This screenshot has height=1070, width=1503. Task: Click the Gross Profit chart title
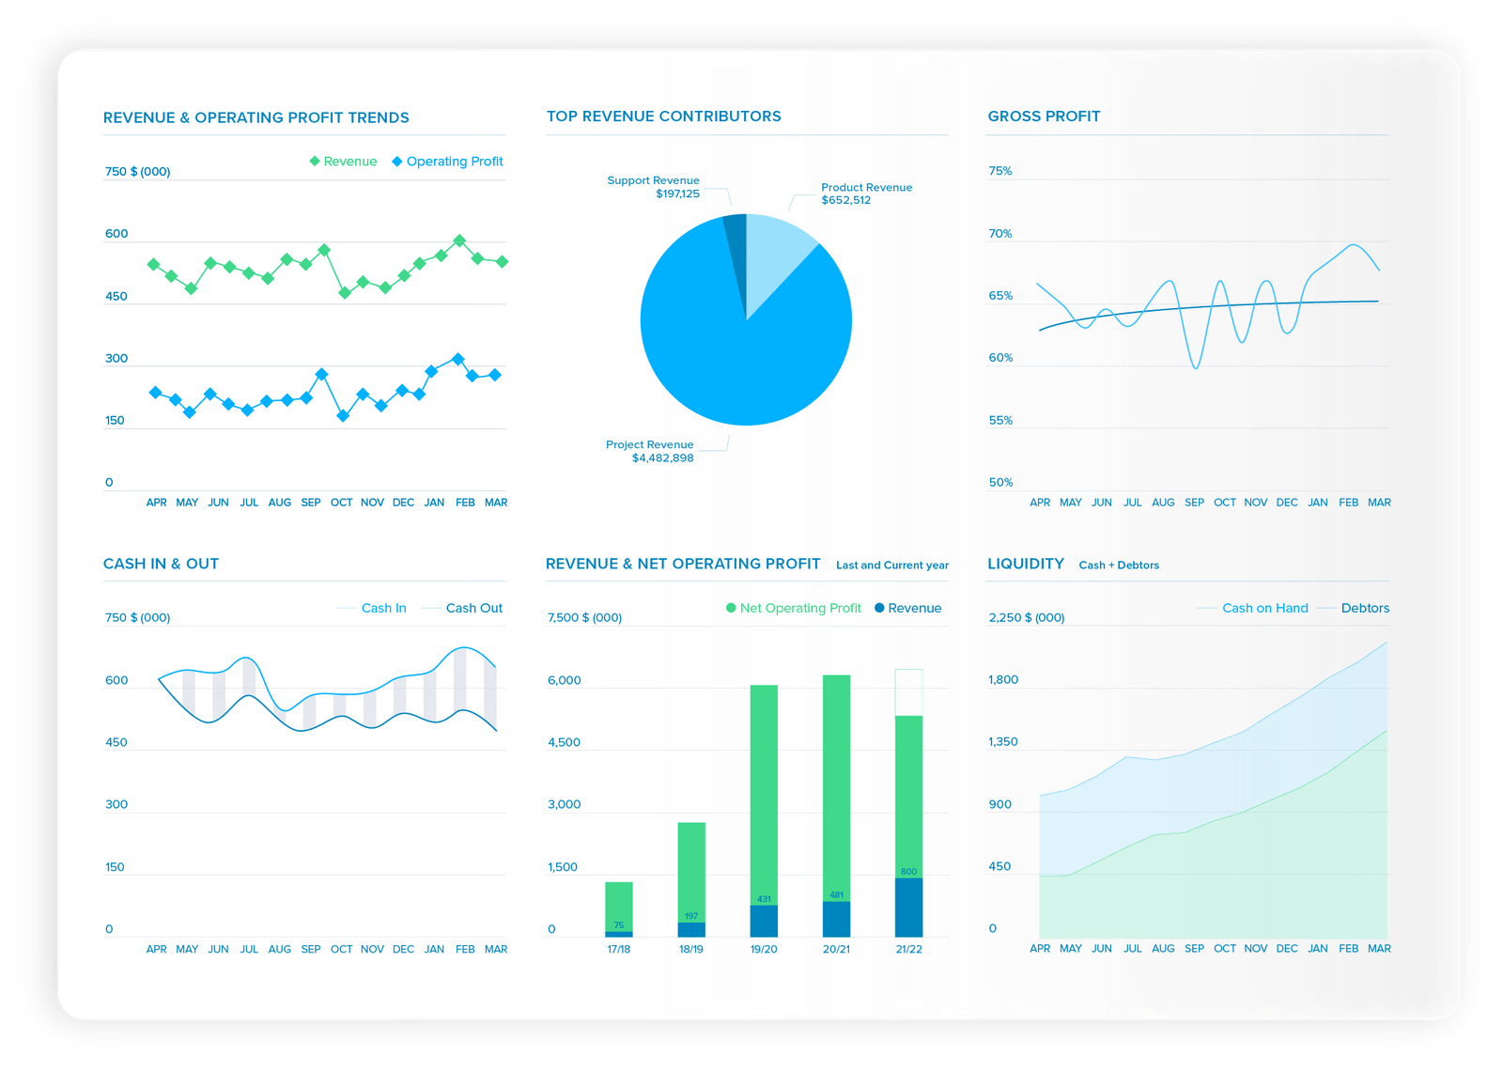(x=1044, y=116)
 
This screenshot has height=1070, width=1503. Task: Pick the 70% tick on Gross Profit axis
(x=1000, y=234)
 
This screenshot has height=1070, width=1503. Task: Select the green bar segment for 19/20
(x=764, y=789)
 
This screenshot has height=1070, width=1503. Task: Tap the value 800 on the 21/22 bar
(x=908, y=872)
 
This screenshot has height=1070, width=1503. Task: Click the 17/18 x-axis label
(x=618, y=950)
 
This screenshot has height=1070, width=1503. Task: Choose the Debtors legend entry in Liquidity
(x=1365, y=609)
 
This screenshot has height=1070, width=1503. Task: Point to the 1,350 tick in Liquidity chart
(x=1003, y=742)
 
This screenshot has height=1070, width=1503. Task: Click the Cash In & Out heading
(x=161, y=564)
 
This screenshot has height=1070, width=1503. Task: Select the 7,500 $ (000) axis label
(x=584, y=618)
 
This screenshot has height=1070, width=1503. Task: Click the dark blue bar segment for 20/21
(x=836, y=919)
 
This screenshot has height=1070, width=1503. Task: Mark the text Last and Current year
(x=892, y=566)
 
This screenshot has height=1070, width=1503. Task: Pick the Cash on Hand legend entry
(x=1264, y=609)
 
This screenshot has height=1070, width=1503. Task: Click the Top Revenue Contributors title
(x=663, y=116)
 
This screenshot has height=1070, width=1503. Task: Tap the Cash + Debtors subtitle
(x=1119, y=566)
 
